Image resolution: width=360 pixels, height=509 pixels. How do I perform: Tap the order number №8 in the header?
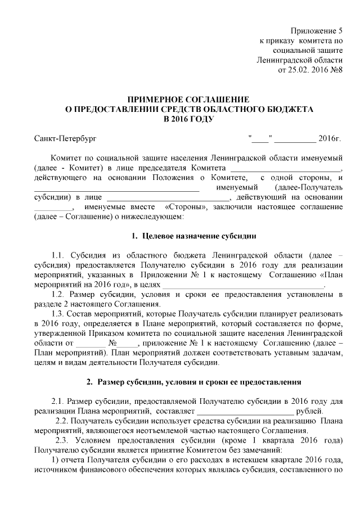click(336, 70)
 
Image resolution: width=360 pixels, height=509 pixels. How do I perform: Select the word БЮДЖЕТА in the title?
click(287, 109)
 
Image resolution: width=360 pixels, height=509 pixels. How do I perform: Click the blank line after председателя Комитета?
click(286, 168)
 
